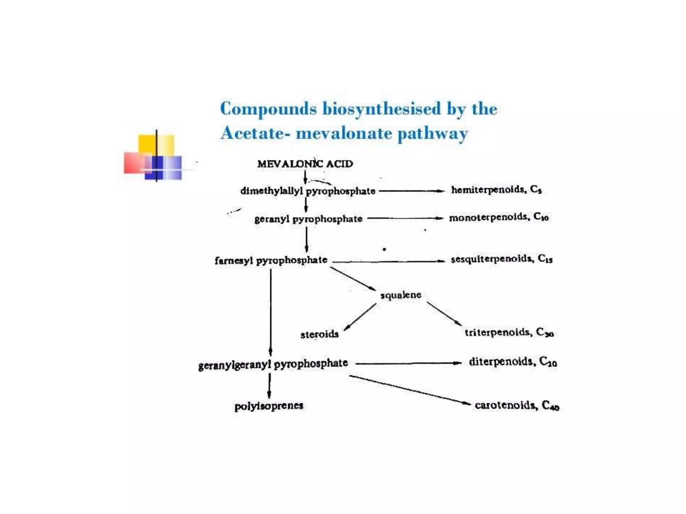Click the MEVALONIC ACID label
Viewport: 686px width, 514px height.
(305, 164)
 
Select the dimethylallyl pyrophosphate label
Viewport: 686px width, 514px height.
(307, 191)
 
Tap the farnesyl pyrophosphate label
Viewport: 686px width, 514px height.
(271, 260)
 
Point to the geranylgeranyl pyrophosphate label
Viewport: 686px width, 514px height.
(273, 364)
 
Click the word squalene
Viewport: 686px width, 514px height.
(401, 295)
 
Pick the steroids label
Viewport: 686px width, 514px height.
(319, 334)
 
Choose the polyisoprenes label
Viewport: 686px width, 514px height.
(269, 406)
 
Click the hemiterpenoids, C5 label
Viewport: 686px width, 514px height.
(496, 190)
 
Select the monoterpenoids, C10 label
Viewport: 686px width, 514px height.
(498, 218)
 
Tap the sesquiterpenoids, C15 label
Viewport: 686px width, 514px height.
(501, 259)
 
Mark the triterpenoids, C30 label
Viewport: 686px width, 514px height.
(509, 332)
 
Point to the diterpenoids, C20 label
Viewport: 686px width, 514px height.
(512, 362)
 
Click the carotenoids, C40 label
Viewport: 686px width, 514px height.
(517, 405)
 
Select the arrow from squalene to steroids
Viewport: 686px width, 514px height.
(360, 317)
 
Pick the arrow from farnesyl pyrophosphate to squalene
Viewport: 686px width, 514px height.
(353, 278)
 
